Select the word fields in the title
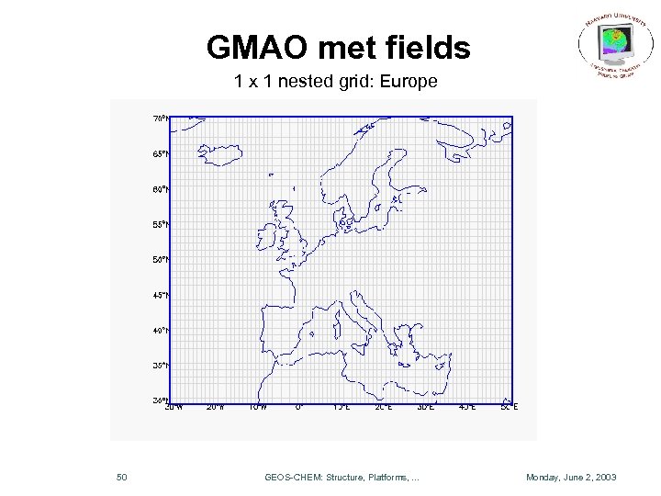pyautogui.click(x=429, y=48)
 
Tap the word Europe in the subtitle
pyautogui.click(x=408, y=83)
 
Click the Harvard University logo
pyautogui.click(x=612, y=46)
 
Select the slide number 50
pyautogui.click(x=122, y=478)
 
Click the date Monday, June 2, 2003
pyautogui.click(x=571, y=478)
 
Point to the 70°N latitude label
pyautogui.click(x=160, y=118)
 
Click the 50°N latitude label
pyautogui.click(x=160, y=260)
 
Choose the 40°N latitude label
pyautogui.click(x=160, y=331)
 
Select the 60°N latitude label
pyautogui.click(x=160, y=189)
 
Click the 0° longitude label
pyautogui.click(x=298, y=407)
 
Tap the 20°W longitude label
pyautogui.click(x=214, y=407)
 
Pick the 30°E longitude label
pyautogui.click(x=425, y=407)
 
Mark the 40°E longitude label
pyautogui.click(x=466, y=407)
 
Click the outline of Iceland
pyautogui.click(x=216, y=152)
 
